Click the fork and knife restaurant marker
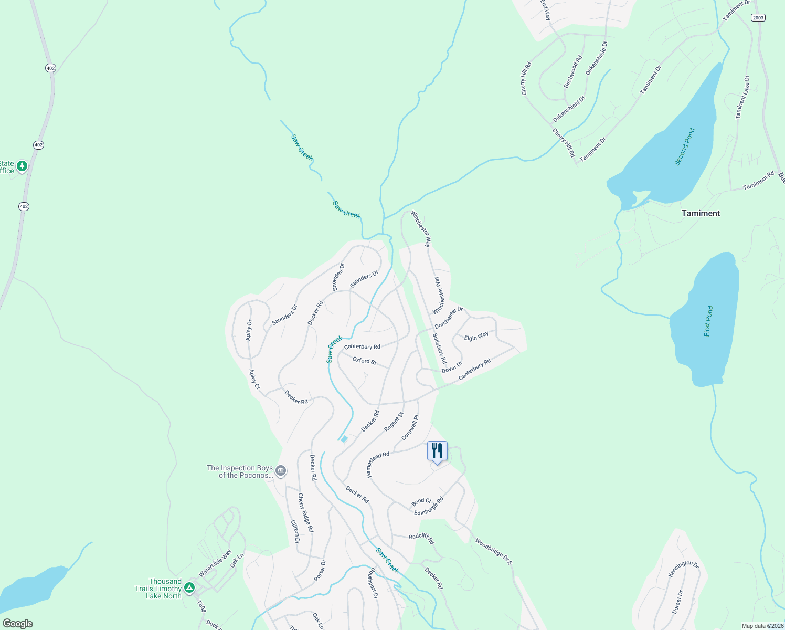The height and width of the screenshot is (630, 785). tap(437, 451)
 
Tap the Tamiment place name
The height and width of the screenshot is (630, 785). tap(701, 213)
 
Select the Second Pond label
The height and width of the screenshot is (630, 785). tap(685, 147)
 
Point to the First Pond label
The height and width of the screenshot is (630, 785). tap(708, 321)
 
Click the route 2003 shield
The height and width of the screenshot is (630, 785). tap(758, 18)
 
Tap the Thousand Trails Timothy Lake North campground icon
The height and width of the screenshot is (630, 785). tap(189, 587)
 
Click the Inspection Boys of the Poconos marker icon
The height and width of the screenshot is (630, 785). tap(281, 471)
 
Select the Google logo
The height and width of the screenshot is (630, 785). tap(18, 623)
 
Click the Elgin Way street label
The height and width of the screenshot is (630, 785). tap(476, 336)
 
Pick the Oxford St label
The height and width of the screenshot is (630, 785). tap(365, 361)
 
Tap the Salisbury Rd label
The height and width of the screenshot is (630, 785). tap(440, 349)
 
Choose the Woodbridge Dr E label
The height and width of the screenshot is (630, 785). tap(493, 551)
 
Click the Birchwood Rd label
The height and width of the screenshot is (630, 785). tap(573, 72)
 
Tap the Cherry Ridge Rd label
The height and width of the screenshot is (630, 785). tap(305, 513)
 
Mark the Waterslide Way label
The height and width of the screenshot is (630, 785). tap(215, 563)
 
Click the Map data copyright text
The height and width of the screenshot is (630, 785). tap(762, 626)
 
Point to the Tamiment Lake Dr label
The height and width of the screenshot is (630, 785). tap(742, 97)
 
